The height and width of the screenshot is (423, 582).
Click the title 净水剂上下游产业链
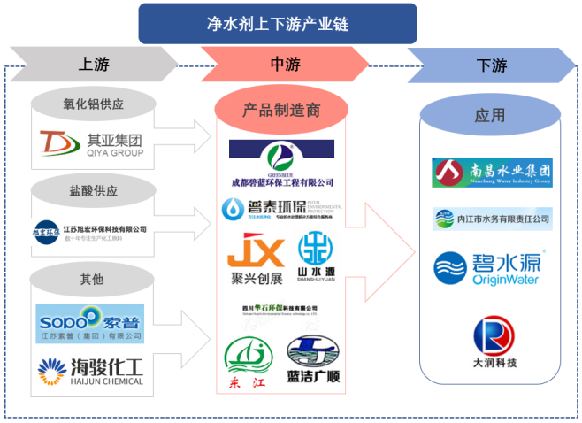click(277, 24)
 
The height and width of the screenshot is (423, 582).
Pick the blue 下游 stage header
click(491, 65)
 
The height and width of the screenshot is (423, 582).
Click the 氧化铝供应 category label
click(93, 105)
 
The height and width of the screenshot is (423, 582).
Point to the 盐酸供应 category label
click(93, 190)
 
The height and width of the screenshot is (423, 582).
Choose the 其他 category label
click(93, 279)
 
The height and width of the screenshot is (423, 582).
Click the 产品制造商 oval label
click(281, 110)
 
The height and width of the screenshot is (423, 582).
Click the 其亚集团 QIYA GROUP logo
click(93, 144)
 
